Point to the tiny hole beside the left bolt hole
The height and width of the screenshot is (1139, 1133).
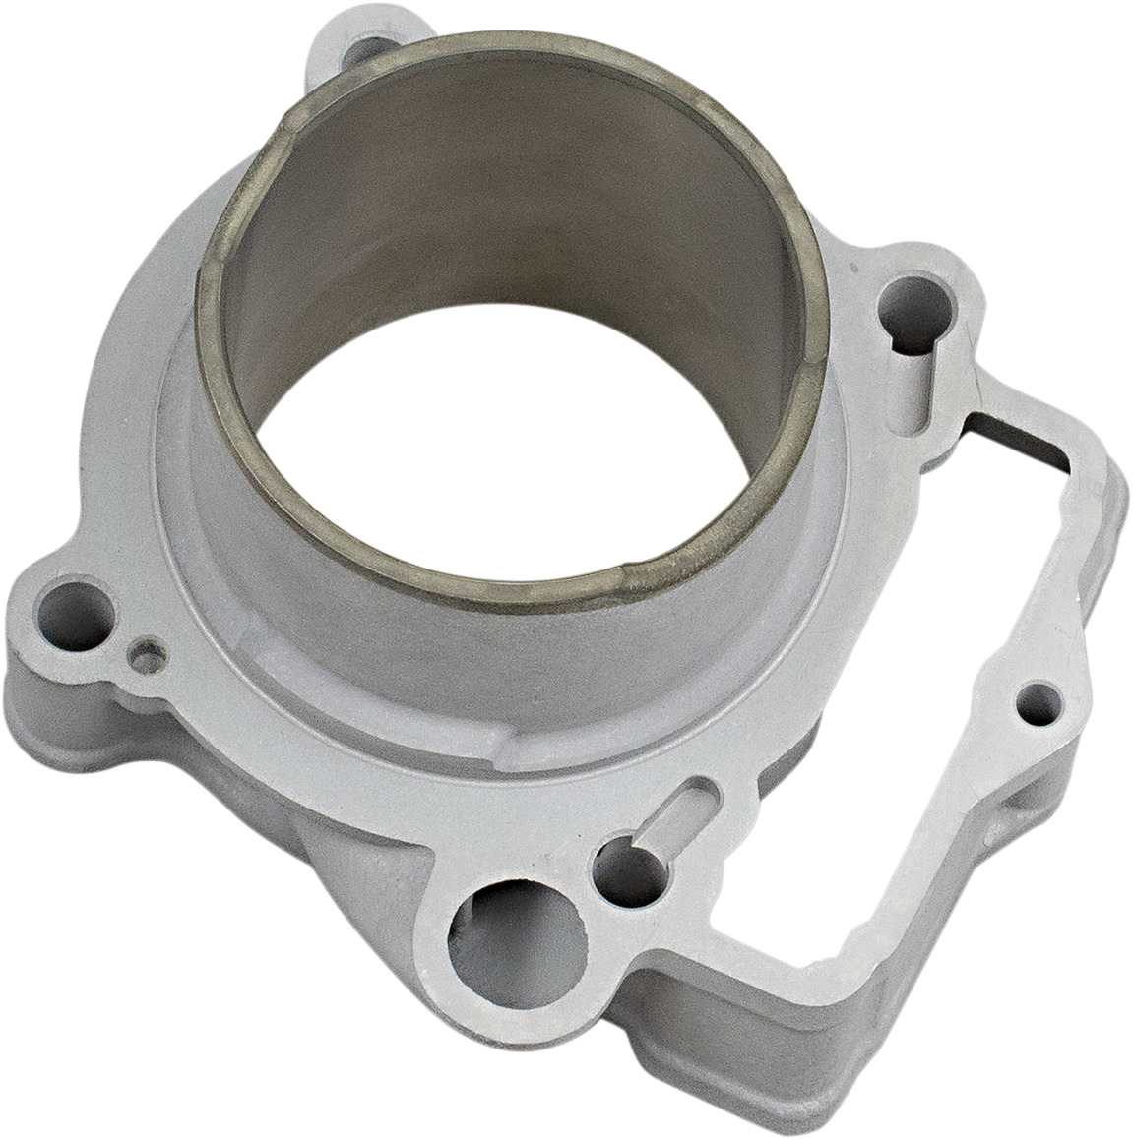point(149,655)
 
